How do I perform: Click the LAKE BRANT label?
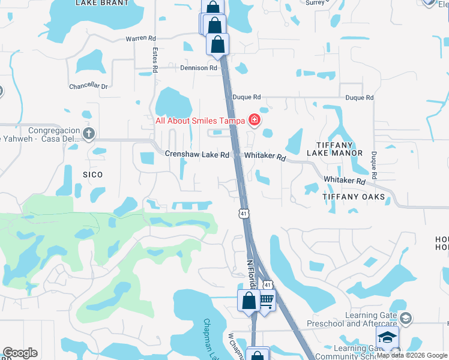pyautogui.click(x=102, y=3)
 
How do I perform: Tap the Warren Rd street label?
pyautogui.click(x=140, y=38)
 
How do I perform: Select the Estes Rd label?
pyautogui.click(x=154, y=60)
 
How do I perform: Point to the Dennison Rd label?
pyautogui.click(x=199, y=68)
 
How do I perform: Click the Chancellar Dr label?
pyautogui.click(x=88, y=86)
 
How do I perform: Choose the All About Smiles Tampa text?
pyautogui.click(x=200, y=121)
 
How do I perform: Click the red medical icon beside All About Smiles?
pyautogui.click(x=255, y=120)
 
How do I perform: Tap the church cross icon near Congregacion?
pyautogui.click(x=88, y=133)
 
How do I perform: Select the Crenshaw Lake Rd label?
pyautogui.click(x=197, y=155)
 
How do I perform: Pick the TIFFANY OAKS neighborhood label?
pyautogui.click(x=353, y=197)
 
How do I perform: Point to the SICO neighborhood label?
pyautogui.click(x=92, y=175)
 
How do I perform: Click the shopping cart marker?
pyautogui.click(x=266, y=300)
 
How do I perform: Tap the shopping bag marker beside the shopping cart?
pyautogui.click(x=249, y=300)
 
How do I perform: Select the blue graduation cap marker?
pyautogui.click(x=387, y=337)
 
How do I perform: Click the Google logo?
pyautogui.click(x=20, y=353)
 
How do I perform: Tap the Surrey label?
pyautogui.click(x=315, y=2)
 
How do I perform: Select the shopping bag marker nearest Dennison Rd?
pyautogui.click(x=217, y=44)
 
